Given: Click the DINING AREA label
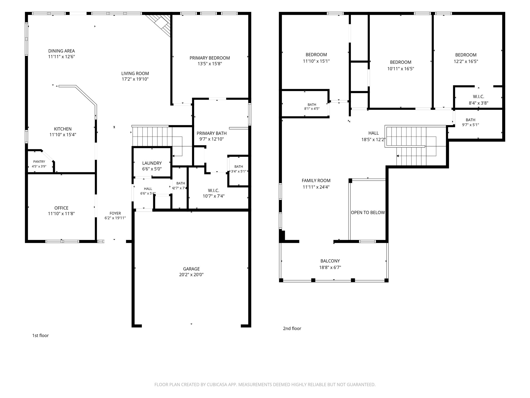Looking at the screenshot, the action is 62,51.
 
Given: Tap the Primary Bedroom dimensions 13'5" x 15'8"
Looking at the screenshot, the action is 210,64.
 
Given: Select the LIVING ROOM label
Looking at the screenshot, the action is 135,74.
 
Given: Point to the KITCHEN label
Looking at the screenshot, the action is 63,129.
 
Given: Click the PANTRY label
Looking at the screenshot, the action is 39,162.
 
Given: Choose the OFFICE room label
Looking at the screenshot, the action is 61,208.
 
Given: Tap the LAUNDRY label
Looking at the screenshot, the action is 152,163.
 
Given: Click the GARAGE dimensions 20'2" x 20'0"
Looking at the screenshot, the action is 192,275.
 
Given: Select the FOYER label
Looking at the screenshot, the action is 115,214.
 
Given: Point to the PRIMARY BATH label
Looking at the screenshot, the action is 212,133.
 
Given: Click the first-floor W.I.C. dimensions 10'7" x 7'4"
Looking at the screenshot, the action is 214,196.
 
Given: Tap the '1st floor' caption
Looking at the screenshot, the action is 40,336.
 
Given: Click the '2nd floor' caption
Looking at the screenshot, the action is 292,329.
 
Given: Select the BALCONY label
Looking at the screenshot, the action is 330,261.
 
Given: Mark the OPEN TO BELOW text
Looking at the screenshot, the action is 368,212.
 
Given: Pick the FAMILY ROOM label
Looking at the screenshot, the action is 316,181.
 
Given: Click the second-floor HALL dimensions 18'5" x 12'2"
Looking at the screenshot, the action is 374,139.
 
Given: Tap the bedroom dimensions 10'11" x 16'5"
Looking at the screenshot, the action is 401,69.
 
